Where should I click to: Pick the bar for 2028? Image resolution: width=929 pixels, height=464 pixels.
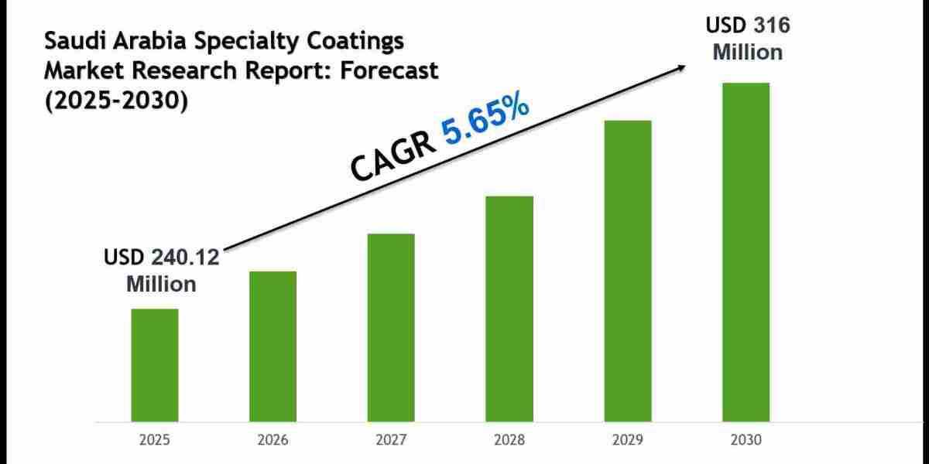[509, 309]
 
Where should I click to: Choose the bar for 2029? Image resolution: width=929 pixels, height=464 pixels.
[628, 271]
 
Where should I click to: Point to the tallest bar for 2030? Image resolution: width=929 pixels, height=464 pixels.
[746, 252]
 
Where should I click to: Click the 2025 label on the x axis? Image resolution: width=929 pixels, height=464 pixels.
[154, 440]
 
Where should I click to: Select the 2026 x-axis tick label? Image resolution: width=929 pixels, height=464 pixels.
[273, 440]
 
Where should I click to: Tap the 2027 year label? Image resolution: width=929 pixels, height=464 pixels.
[391, 440]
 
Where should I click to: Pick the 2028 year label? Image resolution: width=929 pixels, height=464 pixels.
[509, 440]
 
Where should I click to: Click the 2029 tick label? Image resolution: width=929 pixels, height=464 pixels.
[628, 440]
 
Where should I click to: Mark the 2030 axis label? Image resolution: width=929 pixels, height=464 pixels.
[746, 440]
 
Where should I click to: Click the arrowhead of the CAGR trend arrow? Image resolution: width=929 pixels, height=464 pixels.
[682, 67]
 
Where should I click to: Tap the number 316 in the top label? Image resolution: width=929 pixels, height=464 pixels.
[770, 26]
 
